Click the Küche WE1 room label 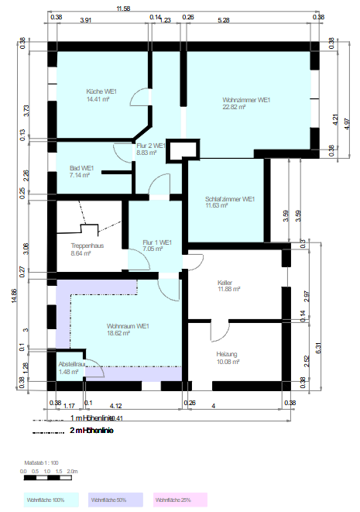click(x=101, y=91)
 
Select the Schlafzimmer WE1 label click(x=231, y=199)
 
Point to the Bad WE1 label click(x=81, y=168)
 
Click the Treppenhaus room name click(x=87, y=246)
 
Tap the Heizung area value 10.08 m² click(x=229, y=361)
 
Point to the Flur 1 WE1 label click(x=157, y=242)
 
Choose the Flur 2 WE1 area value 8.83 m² click(x=146, y=153)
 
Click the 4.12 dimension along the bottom click(x=117, y=404)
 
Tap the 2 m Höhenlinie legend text click(x=91, y=430)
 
